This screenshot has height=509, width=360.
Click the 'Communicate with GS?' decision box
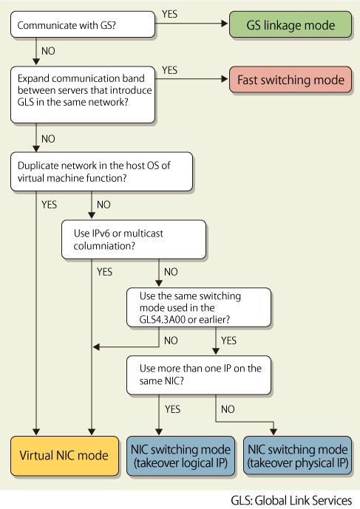83,24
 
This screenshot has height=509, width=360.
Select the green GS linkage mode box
291,24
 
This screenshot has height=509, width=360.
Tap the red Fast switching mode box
291,80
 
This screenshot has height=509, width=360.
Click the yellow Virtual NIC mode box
64,456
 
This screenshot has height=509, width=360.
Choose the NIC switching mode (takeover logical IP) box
180,456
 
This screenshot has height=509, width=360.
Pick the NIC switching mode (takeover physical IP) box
298,456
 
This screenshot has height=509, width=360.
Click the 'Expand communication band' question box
83,95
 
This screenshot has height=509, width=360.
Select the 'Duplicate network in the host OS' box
101,171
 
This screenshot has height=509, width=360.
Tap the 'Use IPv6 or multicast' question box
134,239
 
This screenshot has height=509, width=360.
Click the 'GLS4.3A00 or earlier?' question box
199,307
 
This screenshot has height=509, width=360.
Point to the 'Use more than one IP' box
199,375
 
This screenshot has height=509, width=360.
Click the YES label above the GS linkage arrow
169,14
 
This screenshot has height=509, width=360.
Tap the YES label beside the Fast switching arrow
169,70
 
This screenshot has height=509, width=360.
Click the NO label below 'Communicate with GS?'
48,51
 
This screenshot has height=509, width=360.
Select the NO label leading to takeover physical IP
228,409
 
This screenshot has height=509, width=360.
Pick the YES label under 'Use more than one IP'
172,409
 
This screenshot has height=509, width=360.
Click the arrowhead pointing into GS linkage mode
225,24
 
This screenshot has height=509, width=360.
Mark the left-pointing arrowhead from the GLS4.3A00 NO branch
96,347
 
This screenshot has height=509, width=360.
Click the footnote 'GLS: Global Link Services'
291,500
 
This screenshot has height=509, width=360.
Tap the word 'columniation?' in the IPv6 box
104,246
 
